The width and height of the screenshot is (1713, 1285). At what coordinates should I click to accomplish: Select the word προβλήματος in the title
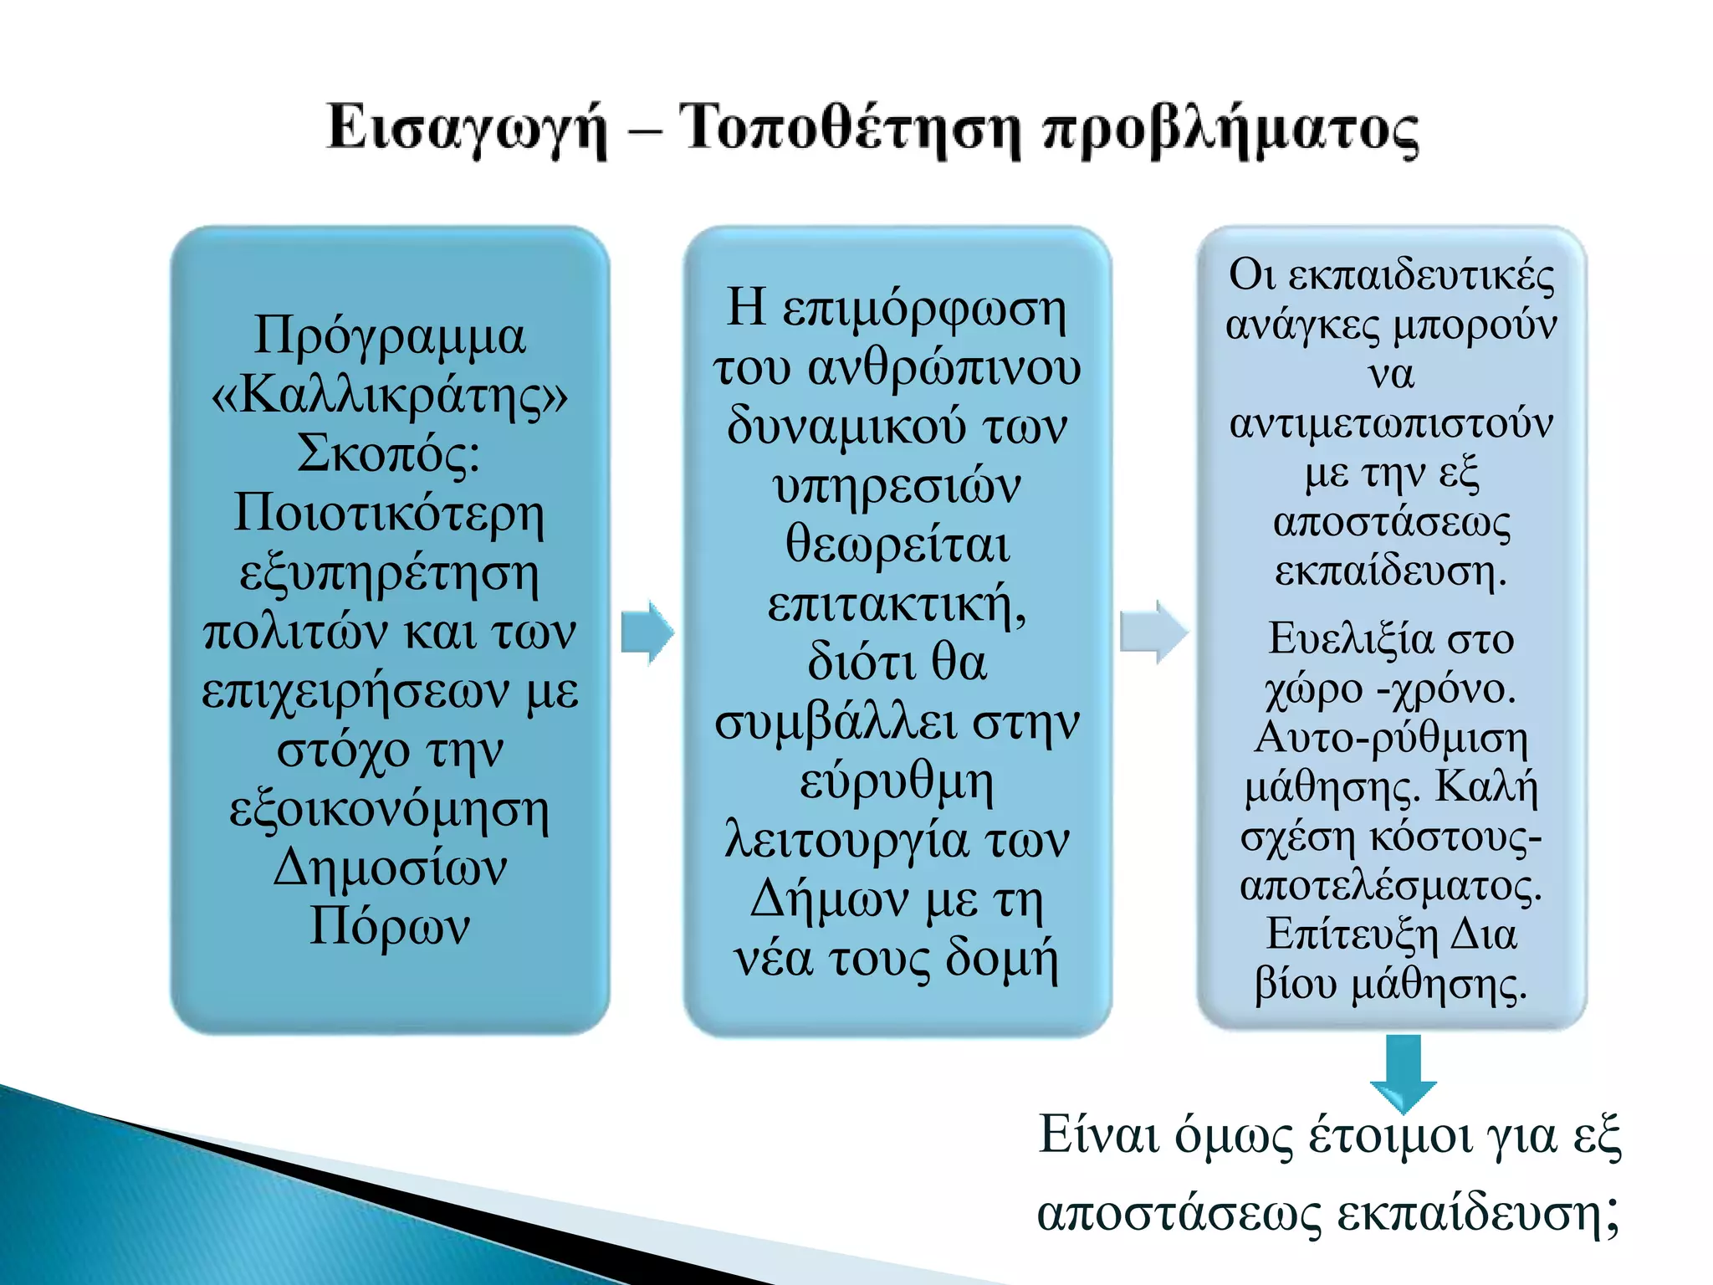coord(1230,131)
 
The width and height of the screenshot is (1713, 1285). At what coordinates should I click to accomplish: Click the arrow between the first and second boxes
coord(647,632)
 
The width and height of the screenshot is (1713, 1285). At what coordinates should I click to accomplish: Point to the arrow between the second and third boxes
coord(1153,632)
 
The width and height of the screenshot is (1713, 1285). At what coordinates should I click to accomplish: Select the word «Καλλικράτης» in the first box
coord(390,395)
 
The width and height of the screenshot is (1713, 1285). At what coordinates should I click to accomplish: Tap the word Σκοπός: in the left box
coord(390,454)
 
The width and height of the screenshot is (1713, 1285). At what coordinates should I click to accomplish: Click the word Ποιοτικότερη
coord(390,513)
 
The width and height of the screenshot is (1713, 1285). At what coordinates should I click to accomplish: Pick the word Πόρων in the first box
coord(390,926)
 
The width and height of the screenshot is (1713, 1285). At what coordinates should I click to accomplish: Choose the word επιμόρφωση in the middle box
coord(924,309)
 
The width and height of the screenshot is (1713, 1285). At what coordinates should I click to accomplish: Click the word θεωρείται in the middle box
coord(897,545)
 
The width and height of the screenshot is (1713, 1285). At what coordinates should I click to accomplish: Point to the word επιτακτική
coord(897,604)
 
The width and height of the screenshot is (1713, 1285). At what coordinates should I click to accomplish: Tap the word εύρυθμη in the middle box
coord(897,781)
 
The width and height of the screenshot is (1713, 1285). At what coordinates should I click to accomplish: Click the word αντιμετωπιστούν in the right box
coord(1391,423)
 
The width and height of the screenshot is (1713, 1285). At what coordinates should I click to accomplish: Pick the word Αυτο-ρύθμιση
coord(1391,738)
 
